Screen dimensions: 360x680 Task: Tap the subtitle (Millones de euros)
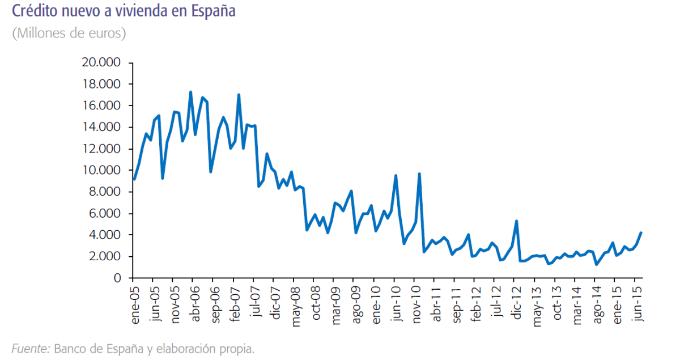coord(69,33)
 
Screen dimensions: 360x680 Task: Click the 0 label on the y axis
coord(117,278)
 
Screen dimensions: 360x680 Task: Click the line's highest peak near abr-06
coord(190,92)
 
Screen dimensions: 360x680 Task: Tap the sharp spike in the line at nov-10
coord(419,173)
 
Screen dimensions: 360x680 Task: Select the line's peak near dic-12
coord(516,221)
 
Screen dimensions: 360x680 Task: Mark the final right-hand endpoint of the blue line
coord(640,232)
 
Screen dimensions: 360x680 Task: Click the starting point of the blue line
coord(134,179)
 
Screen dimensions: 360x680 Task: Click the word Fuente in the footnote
coord(30,349)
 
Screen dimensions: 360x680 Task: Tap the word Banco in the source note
coord(71,349)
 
